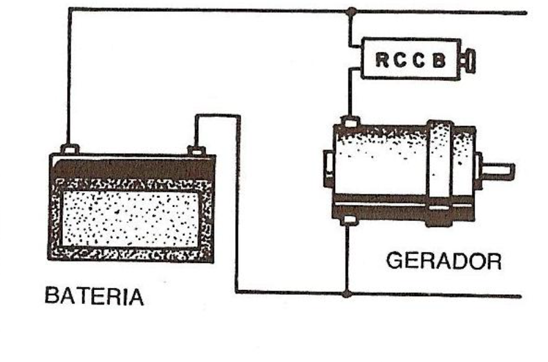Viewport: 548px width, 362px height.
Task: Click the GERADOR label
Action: (x=444, y=261)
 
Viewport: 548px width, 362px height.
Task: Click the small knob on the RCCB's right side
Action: (x=468, y=60)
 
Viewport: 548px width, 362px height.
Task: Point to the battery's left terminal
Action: (x=70, y=148)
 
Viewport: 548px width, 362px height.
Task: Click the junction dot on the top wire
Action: (x=351, y=12)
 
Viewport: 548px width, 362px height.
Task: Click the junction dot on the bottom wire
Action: (x=348, y=293)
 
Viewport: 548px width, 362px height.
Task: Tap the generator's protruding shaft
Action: (x=498, y=168)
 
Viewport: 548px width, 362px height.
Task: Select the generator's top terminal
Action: (x=350, y=123)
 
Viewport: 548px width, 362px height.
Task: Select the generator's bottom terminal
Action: (x=348, y=220)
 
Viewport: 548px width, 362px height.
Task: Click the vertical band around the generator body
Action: (x=439, y=166)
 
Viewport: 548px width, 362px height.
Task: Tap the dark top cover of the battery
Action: (x=131, y=167)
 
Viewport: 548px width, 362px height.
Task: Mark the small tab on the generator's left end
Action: (x=328, y=167)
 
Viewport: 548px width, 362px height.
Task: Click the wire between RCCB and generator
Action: (x=350, y=97)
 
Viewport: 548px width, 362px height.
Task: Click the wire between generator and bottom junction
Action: (x=348, y=256)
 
